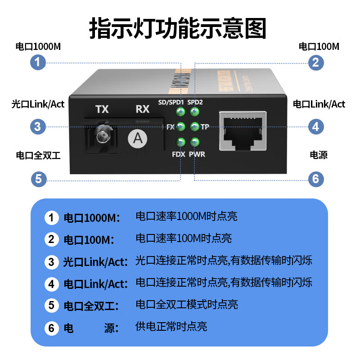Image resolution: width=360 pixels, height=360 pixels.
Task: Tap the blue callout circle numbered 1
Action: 38,62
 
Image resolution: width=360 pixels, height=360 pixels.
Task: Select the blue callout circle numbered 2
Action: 316,62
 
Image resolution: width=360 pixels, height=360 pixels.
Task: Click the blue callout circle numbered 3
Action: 38,126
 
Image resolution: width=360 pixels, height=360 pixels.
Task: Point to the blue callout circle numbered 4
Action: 316,126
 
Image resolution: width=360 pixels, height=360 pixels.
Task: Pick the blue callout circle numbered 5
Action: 38,179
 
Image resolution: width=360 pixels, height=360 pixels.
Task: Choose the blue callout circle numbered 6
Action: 316,179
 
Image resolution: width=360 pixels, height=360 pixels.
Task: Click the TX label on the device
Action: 102,109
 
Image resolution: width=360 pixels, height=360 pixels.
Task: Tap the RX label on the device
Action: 143,109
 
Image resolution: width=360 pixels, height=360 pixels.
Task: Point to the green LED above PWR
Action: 195,143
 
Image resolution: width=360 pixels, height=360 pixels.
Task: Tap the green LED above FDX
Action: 181,143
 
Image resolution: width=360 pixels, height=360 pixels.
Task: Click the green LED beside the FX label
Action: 181,126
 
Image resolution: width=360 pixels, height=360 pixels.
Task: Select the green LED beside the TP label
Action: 195,126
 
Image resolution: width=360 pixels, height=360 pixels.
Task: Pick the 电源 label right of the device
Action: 319,155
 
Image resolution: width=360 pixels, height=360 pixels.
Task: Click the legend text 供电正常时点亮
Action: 171,327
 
